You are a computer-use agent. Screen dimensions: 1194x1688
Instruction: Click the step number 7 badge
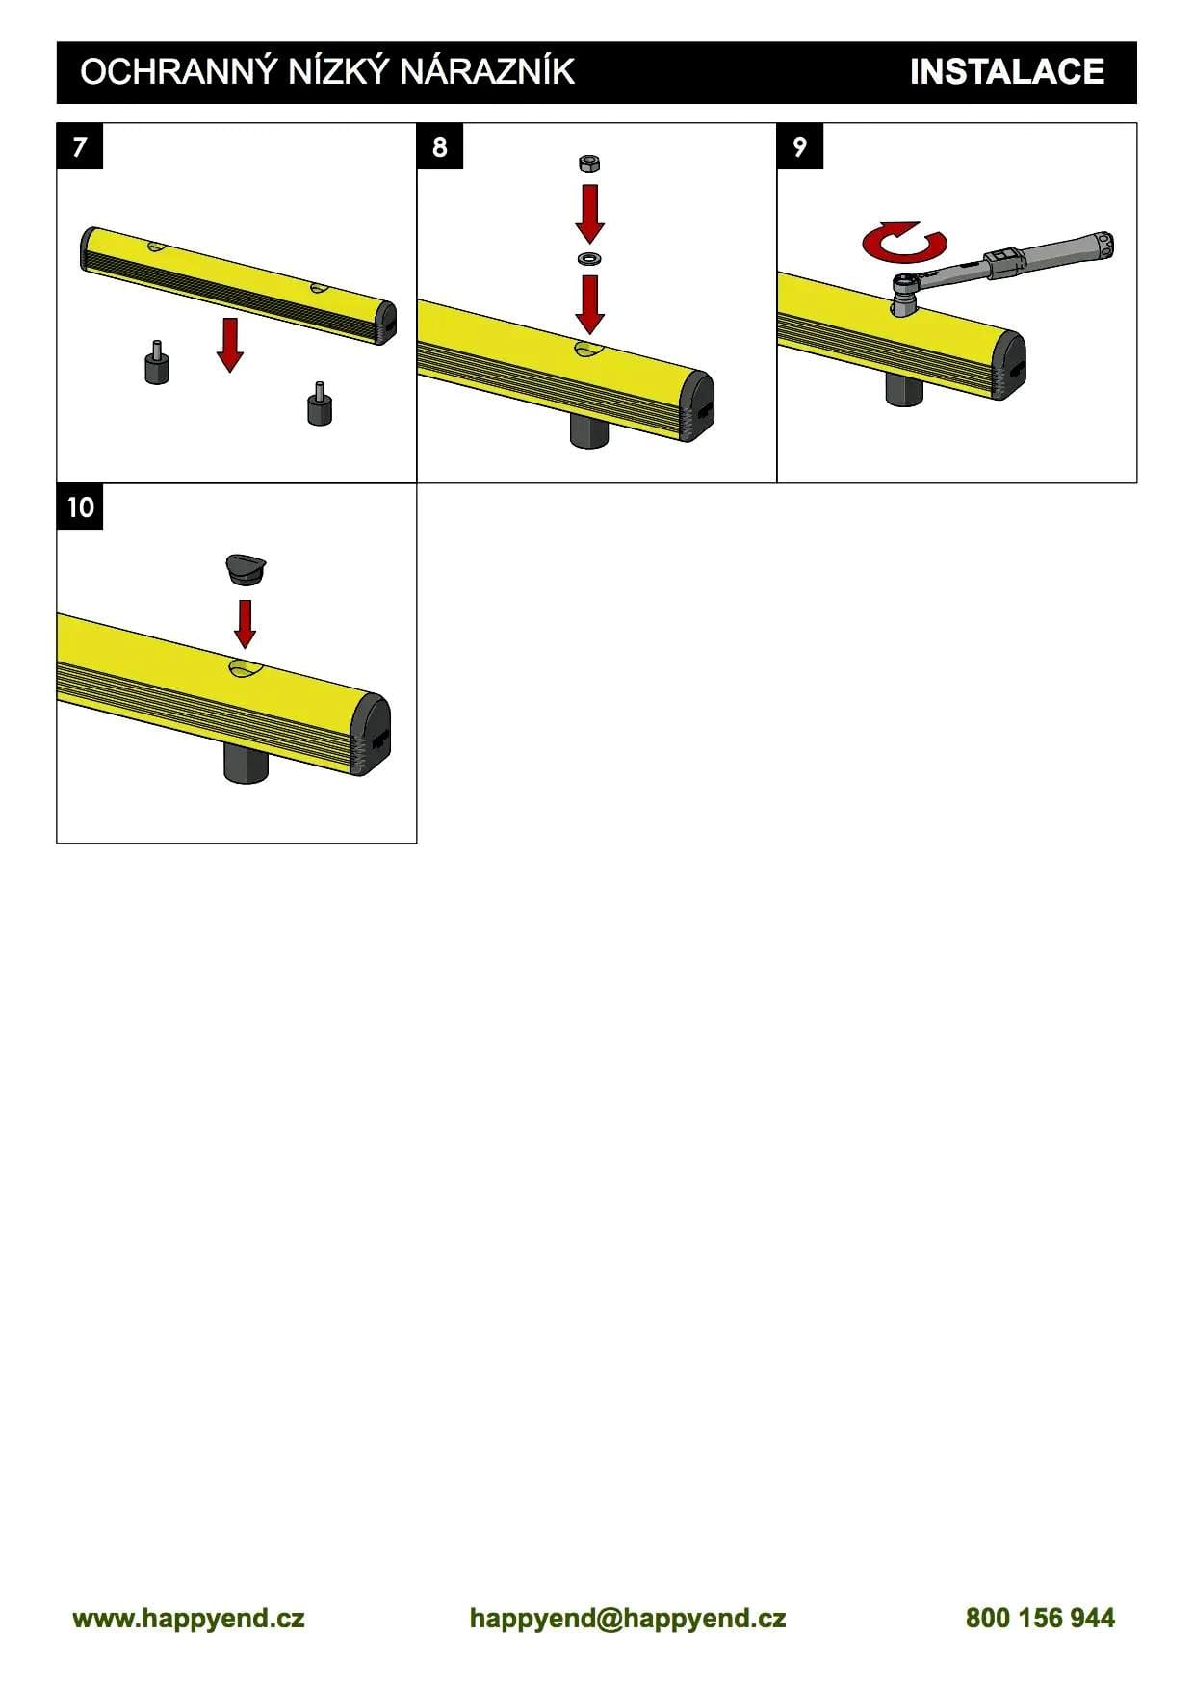[x=80, y=146]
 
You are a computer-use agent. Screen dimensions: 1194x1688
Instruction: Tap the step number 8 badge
[x=440, y=146]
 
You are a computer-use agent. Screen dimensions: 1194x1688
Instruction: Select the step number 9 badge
[x=800, y=146]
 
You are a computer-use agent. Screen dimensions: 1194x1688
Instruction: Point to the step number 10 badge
[x=80, y=506]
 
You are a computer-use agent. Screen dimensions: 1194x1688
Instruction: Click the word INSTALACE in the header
[x=1006, y=72]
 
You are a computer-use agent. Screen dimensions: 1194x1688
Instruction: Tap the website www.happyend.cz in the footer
[x=189, y=1618]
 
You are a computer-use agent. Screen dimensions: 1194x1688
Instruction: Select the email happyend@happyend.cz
[x=628, y=1618]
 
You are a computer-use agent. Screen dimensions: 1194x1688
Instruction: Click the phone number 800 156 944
[x=1040, y=1618]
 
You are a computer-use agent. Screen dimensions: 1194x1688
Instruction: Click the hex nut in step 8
[x=589, y=164]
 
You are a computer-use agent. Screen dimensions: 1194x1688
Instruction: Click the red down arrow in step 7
[x=229, y=344]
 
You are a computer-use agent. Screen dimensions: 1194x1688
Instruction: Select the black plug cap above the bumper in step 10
[x=246, y=570]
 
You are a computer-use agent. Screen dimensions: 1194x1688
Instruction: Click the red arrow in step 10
[x=246, y=624]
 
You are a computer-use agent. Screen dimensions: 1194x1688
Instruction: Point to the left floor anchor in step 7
[x=157, y=363]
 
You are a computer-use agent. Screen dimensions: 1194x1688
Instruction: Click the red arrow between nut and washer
[x=589, y=214]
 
